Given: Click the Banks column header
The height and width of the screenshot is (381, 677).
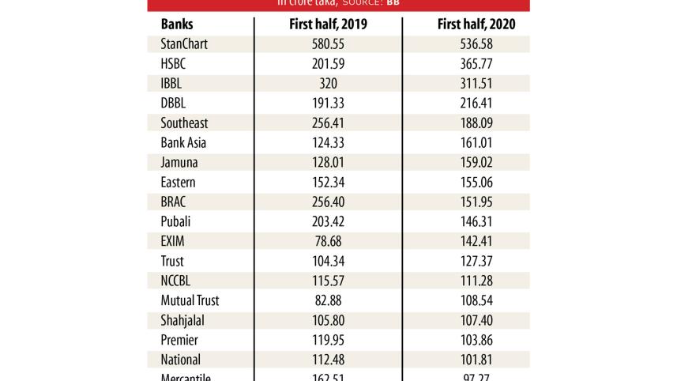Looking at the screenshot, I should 177,25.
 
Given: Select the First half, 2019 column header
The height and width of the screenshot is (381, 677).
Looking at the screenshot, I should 328,25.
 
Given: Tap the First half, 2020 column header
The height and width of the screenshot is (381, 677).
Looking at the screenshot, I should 476,25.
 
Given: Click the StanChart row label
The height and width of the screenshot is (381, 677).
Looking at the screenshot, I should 184,44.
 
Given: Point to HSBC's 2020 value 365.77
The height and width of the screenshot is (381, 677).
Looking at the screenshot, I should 476,64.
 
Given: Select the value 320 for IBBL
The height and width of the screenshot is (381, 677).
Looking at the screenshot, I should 328,84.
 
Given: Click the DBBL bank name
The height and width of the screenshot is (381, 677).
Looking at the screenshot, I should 174,104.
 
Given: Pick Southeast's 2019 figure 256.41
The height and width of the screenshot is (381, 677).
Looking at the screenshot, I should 328,123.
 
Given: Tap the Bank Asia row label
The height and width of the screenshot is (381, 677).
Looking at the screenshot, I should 183,143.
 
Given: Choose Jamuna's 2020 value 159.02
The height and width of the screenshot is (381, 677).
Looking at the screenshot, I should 476,163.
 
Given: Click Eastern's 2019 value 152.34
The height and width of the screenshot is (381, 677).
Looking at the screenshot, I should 328,183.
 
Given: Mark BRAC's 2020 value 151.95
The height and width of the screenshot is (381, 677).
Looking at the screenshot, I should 476,202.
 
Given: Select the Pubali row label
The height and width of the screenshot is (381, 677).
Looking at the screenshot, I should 175,221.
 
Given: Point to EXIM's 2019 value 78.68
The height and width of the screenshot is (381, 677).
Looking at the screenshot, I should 328,241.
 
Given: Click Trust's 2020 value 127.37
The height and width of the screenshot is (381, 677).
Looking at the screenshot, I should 476,261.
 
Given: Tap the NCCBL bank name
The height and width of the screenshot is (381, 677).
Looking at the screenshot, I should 175,281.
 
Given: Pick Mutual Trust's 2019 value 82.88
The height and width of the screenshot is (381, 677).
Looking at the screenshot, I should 328,300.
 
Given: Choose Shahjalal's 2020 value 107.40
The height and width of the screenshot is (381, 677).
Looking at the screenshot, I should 476,320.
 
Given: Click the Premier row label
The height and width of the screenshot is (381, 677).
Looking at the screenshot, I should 179,340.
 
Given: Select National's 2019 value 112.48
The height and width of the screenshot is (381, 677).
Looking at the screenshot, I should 328,360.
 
